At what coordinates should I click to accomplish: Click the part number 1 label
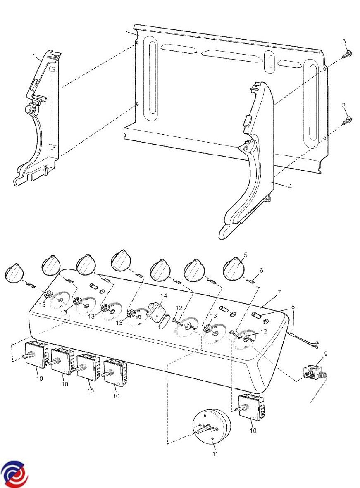tap(33, 56)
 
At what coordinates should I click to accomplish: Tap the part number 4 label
tap(290, 186)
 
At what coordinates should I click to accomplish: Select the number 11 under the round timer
tap(215, 454)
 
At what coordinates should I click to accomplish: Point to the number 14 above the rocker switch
tap(164, 295)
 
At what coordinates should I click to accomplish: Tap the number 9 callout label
tap(326, 354)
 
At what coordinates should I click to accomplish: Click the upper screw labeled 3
tap(347, 55)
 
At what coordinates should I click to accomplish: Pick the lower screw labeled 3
tap(347, 120)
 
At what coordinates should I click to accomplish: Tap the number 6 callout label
tap(261, 271)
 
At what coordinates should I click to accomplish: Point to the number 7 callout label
tap(279, 293)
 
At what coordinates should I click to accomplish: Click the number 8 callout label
tap(293, 307)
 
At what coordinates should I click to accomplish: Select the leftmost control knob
tap(14, 274)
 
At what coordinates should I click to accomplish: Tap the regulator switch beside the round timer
tap(251, 407)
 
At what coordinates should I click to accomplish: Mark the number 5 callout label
tap(246, 255)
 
